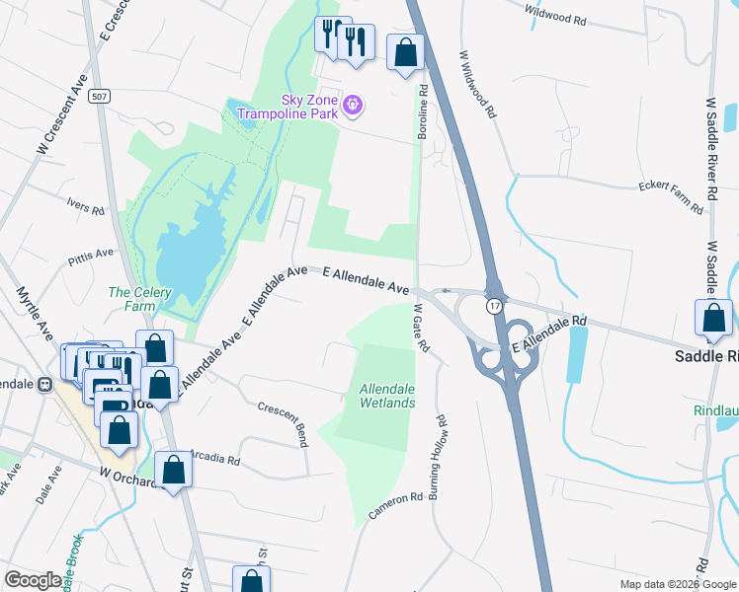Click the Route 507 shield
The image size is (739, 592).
tap(98, 97)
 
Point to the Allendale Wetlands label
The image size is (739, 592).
tap(386, 397)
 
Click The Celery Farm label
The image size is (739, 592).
tap(139, 299)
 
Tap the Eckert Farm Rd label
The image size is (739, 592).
tap(670, 196)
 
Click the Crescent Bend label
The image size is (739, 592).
tap(281, 424)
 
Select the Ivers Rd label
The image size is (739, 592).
tap(85, 207)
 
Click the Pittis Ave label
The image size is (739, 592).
tap(91, 259)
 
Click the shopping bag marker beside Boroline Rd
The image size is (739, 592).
tap(406, 52)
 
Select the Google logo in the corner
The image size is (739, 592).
tap(32, 580)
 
